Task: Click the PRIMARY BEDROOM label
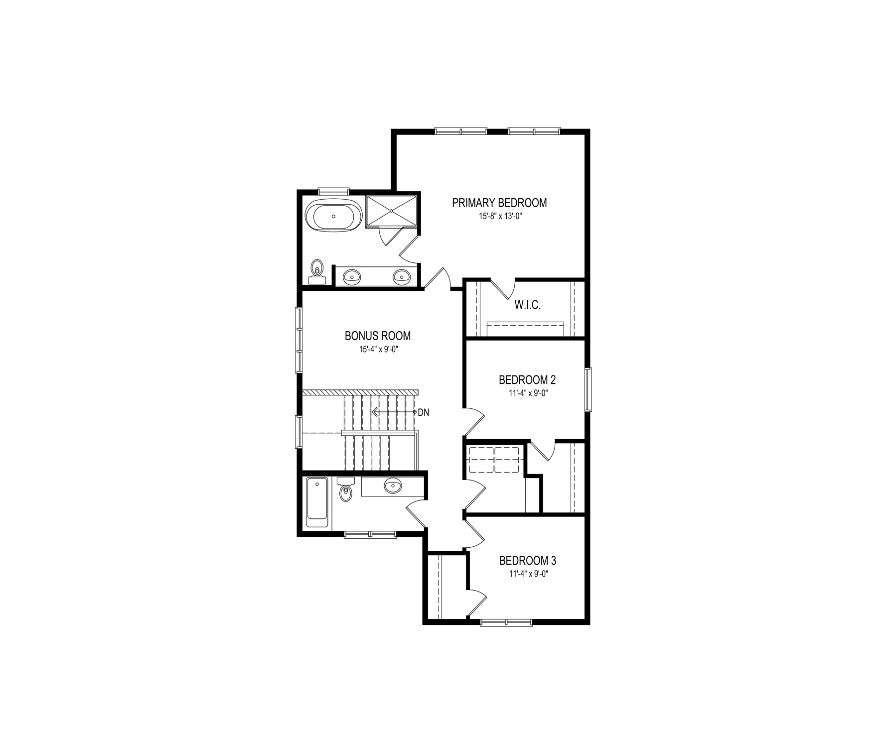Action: click(x=499, y=203)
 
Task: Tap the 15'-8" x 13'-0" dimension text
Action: click(x=499, y=217)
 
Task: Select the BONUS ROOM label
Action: click(x=378, y=336)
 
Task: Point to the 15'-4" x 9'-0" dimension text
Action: click(x=378, y=350)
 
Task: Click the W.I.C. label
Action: click(x=527, y=305)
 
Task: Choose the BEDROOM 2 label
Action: click(x=527, y=380)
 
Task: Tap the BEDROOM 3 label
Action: click(x=528, y=561)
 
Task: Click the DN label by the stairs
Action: click(x=423, y=412)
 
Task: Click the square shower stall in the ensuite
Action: click(x=391, y=211)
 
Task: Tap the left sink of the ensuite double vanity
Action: click(x=352, y=276)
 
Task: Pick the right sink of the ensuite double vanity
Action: click(x=401, y=276)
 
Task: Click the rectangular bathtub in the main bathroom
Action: click(x=316, y=502)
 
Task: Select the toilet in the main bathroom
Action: click(x=345, y=489)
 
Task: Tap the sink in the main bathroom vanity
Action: click(x=393, y=486)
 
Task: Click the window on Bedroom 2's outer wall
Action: click(x=588, y=389)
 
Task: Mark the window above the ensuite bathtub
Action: click(x=334, y=191)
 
